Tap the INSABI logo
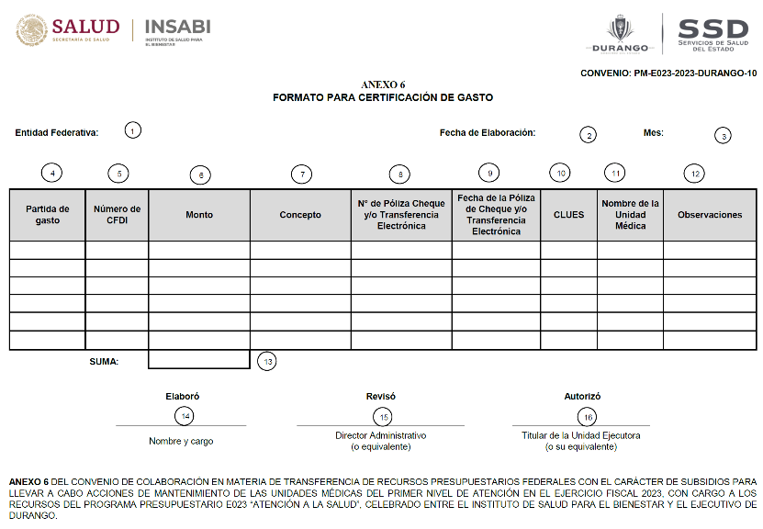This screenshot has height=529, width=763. click(x=178, y=28)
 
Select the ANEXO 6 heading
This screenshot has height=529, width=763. click(x=383, y=84)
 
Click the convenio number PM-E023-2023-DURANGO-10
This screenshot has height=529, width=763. click(x=668, y=73)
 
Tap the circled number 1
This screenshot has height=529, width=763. click(x=133, y=130)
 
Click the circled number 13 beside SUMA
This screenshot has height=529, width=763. click(x=267, y=361)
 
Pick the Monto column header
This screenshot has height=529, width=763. click(x=199, y=215)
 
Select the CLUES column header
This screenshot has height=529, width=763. click(x=568, y=215)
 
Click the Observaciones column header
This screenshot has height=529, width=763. click(x=710, y=215)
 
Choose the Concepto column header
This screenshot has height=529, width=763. click(x=300, y=215)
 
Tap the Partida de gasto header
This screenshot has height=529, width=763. click(x=48, y=215)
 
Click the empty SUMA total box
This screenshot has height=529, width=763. click(x=198, y=360)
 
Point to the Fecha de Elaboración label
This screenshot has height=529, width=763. click(x=488, y=132)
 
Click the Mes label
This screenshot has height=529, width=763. click(x=654, y=132)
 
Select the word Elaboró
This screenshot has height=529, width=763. click(x=182, y=396)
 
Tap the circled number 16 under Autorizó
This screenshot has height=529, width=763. click(x=588, y=417)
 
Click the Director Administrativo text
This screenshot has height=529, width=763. click(x=381, y=435)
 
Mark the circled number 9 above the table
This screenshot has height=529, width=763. click(x=490, y=172)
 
